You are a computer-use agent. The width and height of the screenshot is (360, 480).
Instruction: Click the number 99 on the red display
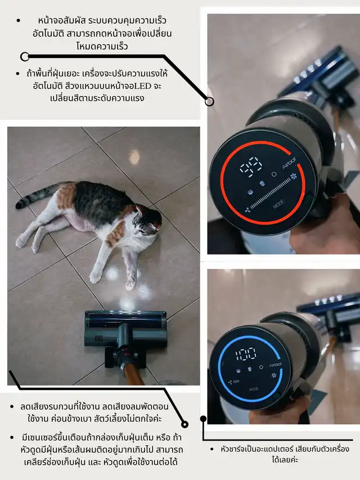pos(251,167)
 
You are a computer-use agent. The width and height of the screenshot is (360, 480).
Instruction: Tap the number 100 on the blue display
pos(245,354)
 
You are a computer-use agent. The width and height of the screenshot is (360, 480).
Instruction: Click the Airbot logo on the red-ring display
pos(289,163)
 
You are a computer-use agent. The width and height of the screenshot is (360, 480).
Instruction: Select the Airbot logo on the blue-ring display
pos(276,364)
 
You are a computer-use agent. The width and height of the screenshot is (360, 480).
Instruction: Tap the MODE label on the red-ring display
pos(278,204)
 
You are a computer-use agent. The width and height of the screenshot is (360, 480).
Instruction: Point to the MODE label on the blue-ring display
pos(254,389)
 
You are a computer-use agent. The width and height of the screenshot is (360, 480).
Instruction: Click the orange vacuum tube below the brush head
pos(133,374)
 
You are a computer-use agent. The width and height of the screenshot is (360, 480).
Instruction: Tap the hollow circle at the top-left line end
pos(25,57)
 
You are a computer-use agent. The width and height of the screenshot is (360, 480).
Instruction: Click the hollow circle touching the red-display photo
pos(209,101)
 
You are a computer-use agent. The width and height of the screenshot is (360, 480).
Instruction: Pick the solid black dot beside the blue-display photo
pos(203,419)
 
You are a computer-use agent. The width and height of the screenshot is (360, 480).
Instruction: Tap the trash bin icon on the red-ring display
pos(262,183)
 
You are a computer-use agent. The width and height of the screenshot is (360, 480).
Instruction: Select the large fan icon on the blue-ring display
pos(274,375)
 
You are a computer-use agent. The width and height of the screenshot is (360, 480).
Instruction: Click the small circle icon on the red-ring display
pos(274,174)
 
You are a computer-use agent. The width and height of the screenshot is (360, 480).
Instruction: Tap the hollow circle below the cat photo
pos(184,424)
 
